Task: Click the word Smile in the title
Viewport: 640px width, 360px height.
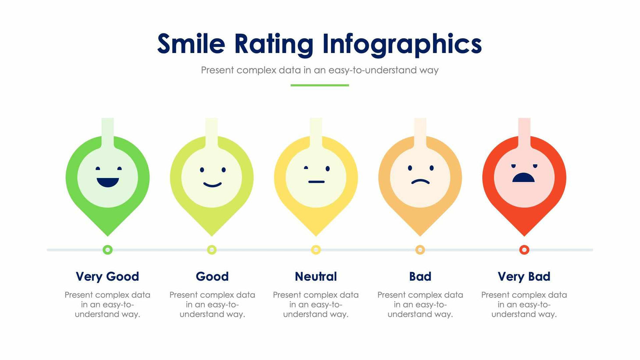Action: click(x=191, y=44)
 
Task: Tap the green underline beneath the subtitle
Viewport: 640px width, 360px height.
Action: click(x=320, y=85)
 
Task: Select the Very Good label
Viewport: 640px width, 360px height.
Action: click(x=107, y=277)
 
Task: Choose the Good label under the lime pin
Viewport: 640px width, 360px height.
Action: click(x=212, y=277)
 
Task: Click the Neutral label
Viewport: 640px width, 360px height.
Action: click(x=316, y=277)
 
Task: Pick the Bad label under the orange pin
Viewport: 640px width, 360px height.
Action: click(x=420, y=277)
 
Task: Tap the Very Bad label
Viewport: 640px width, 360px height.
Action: click(x=524, y=277)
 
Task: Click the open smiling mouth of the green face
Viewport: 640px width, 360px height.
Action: click(x=107, y=182)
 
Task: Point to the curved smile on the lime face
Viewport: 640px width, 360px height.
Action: click(x=212, y=185)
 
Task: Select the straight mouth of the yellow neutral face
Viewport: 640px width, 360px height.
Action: click(x=316, y=182)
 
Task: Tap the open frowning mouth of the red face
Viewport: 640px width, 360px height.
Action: click(x=523, y=178)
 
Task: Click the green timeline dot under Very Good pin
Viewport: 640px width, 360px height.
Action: click(x=107, y=250)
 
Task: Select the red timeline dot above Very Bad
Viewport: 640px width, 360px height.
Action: click(x=524, y=250)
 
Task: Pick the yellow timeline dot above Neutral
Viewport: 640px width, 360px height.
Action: click(x=316, y=250)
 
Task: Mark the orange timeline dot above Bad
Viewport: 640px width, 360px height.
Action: click(x=420, y=250)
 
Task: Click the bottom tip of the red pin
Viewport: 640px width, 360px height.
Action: click(x=524, y=234)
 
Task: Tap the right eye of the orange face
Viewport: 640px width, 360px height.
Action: click(x=431, y=168)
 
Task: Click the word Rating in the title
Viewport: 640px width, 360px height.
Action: click(x=274, y=45)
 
